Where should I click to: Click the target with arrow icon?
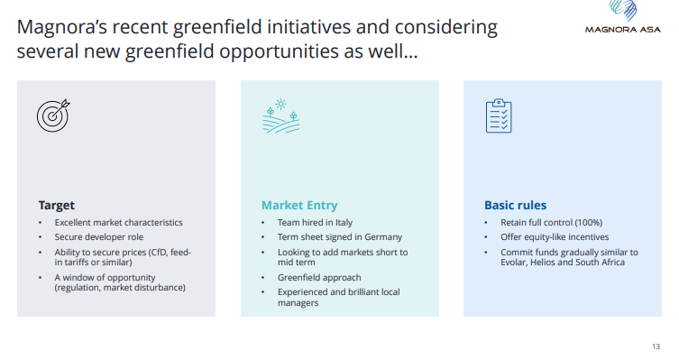53,115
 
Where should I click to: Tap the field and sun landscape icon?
280,115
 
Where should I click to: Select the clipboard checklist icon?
499,115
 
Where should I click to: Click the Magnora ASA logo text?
623,30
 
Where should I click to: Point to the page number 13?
656,346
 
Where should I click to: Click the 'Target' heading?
56,206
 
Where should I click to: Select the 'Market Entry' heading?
299,205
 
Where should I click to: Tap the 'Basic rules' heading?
515,205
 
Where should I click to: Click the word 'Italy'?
344,223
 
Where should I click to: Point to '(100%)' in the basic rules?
589,223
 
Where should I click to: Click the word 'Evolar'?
513,262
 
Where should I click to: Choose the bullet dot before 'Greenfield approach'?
262,278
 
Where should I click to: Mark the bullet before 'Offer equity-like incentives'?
486,237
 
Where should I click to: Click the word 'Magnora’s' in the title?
61,27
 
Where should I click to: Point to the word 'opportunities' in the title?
279,51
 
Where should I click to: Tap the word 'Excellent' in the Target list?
72,223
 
